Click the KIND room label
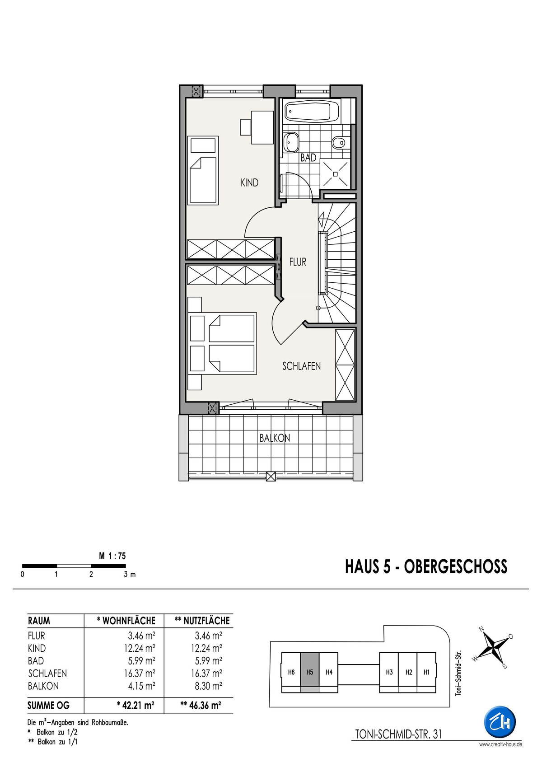pos(249,183)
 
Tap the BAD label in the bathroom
pos(308,158)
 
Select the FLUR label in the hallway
pos(298,262)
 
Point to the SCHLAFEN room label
pos(301,366)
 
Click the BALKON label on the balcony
pos(275,438)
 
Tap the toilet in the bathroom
pos(339,142)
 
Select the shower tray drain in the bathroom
pos(336,174)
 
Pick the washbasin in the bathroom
pos(292,142)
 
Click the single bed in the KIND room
pos(203,170)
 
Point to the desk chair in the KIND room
pos(246,127)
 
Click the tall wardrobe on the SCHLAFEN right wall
pos(345,365)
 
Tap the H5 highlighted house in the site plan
pos(309,672)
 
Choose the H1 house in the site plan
pos(426,672)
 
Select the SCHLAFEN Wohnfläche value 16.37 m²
pos(140,673)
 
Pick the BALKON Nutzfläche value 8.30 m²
pos(208,686)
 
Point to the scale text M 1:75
pos(112,556)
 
